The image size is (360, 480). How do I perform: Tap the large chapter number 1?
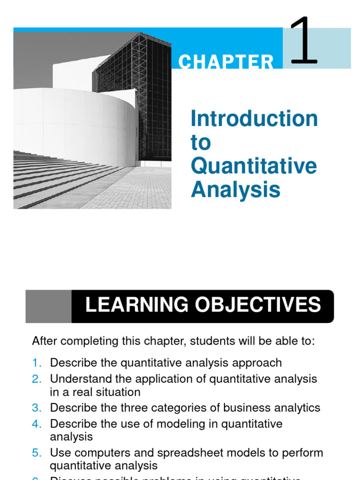[x=304, y=41]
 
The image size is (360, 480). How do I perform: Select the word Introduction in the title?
[x=254, y=119]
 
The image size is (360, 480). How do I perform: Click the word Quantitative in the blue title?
[x=254, y=166]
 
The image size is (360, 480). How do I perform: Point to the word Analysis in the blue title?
[x=235, y=190]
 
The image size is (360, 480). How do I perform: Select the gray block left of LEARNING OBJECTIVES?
[x=48, y=306]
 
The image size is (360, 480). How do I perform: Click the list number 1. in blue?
[x=37, y=363]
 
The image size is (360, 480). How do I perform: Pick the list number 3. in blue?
[x=37, y=408]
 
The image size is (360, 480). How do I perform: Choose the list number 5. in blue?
[x=37, y=453]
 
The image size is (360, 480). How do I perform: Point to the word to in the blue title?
[x=201, y=142]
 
